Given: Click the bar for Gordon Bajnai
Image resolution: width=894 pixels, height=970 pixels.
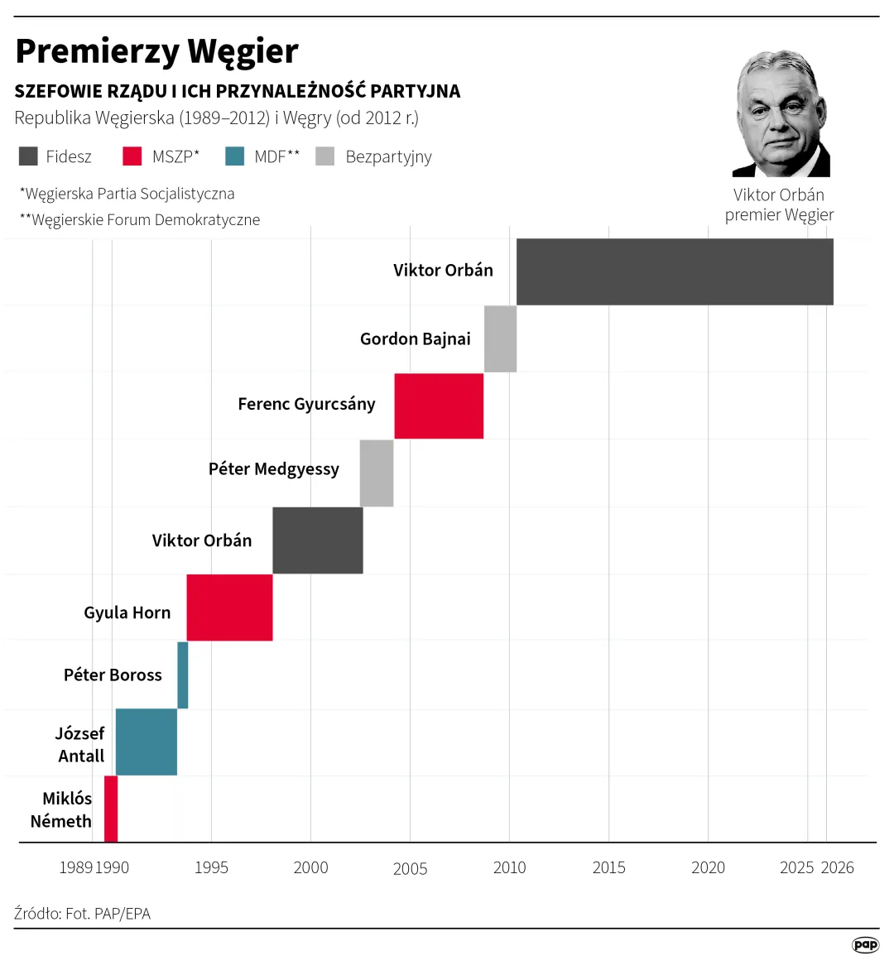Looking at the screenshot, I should [500, 339].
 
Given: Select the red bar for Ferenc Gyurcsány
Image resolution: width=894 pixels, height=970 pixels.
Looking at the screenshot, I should [439, 406].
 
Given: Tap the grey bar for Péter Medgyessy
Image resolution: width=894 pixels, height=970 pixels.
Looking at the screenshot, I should [377, 473].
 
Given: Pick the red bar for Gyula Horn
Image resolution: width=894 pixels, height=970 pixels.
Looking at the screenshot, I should [229, 607].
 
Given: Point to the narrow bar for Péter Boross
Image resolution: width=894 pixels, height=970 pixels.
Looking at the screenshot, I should [183, 675].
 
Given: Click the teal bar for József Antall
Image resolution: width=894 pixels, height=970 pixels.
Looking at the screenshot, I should [147, 742].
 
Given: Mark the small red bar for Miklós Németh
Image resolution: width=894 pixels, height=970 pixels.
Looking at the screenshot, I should [111, 809].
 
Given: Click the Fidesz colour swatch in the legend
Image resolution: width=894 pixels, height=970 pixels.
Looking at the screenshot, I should [28, 156].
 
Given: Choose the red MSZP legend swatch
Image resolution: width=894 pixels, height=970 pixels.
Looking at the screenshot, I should [132, 156].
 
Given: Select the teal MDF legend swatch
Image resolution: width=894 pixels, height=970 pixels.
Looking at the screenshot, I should [235, 156].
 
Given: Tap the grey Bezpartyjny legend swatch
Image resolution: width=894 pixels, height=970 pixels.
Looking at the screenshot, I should [325, 156].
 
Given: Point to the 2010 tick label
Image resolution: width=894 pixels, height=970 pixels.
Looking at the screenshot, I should [509, 867].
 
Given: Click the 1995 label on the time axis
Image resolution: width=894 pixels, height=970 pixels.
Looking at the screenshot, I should [211, 867].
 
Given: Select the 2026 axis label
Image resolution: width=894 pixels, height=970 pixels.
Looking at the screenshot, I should [837, 867].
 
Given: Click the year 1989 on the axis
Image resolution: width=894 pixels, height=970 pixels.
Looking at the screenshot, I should [75, 867].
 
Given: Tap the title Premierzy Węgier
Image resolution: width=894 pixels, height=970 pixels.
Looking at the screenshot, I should [156, 51].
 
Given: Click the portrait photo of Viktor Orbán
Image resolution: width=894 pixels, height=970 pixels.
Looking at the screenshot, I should [781, 113].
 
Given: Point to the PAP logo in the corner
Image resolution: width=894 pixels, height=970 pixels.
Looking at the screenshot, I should [865, 945].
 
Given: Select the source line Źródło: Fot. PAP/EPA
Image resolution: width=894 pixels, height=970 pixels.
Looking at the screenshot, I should [83, 914].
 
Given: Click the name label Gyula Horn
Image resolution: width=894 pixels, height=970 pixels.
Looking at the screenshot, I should [127, 612].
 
